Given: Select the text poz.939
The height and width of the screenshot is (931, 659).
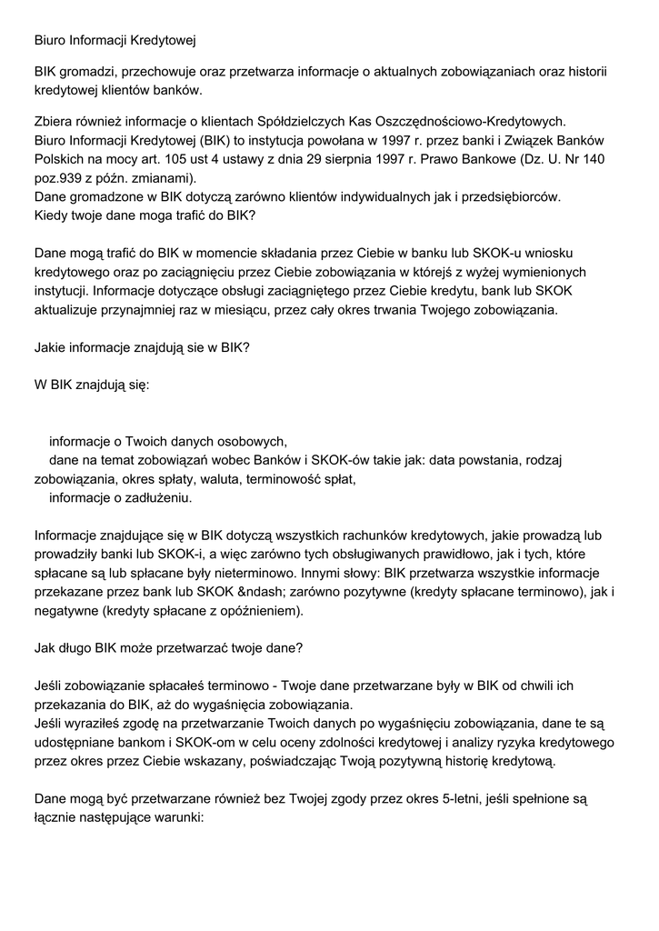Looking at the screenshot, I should [x=63, y=178].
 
